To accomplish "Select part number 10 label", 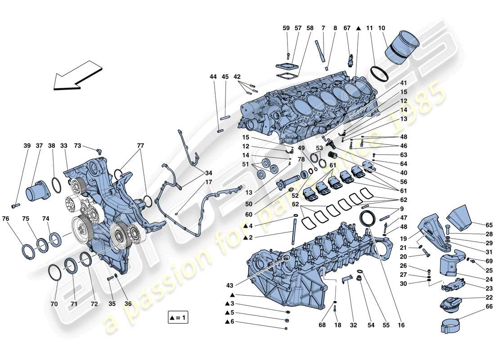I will pos(382,28).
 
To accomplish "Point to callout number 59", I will pos(287,28).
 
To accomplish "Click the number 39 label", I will pos(28,146).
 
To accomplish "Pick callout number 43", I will pos(230,285).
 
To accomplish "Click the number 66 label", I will pos(477,306).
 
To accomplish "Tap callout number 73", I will pos(77,146).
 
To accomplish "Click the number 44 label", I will pos(213,77).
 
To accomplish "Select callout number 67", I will pos(347,28).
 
